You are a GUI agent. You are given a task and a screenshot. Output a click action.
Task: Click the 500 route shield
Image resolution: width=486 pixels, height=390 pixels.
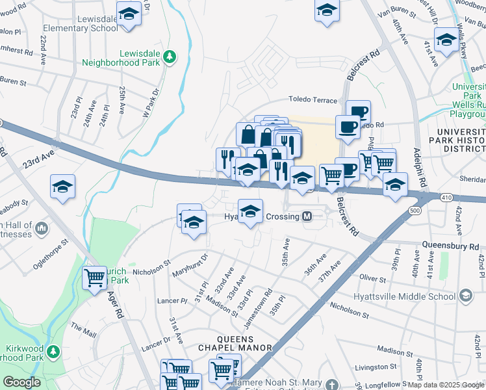415,211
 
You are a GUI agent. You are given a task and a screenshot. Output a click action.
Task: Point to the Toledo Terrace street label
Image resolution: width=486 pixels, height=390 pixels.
313,100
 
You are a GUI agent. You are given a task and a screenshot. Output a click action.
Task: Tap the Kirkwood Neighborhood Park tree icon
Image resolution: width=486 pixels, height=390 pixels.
53,353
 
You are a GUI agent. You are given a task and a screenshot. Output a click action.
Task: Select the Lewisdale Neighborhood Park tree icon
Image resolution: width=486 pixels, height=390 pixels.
170,57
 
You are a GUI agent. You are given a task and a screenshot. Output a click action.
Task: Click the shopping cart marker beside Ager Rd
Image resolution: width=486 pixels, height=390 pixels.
95,278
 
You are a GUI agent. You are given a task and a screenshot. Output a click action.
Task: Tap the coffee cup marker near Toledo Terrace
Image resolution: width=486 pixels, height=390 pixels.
357,110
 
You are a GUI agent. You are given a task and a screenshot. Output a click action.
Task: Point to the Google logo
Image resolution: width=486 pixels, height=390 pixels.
22,382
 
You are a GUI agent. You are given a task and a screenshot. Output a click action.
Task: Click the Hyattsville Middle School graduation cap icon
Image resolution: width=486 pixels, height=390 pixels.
465,296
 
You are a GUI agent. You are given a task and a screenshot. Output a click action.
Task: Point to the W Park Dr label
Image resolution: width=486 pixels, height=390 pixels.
151,104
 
